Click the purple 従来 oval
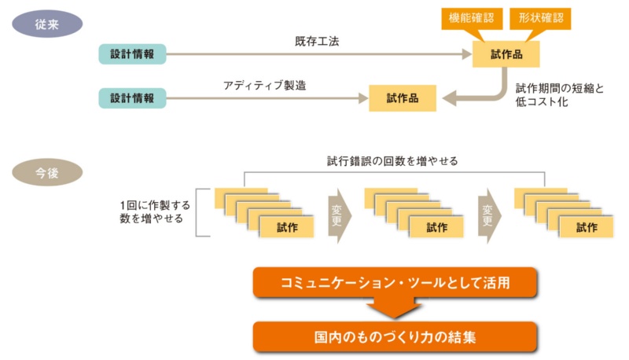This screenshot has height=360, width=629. pos(46,25)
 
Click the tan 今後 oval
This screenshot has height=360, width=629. pos(46,171)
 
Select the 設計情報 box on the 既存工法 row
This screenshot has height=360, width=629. pos(132,54)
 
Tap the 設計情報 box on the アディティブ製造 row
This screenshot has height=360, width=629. pos(132,98)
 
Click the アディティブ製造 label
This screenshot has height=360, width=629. pos(262,83)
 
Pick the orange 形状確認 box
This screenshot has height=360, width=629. pos(541,16)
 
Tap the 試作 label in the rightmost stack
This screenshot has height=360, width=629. pos(586,228)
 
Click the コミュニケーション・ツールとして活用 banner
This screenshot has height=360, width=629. pos(395,282)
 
